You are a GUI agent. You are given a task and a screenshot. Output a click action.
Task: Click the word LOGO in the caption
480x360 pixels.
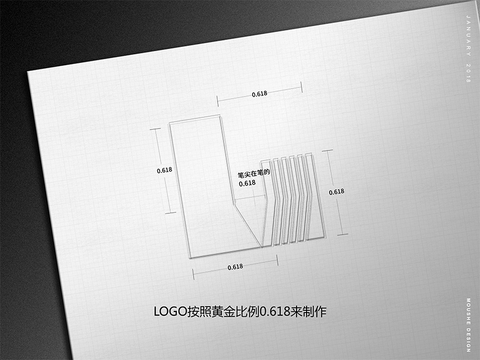click(x=170, y=311)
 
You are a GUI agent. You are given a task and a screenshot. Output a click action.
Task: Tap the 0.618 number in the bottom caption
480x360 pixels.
click(x=275, y=311)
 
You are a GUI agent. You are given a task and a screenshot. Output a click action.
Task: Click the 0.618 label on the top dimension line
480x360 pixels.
click(x=260, y=94)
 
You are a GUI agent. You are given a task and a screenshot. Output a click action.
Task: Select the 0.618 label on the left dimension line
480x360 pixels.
click(x=164, y=170)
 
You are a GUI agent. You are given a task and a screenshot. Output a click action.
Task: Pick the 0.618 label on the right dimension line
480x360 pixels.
click(x=337, y=192)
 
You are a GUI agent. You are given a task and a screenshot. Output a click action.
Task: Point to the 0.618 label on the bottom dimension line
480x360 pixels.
click(x=235, y=267)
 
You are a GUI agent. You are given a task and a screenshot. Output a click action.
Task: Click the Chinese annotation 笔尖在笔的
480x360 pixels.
click(x=254, y=173)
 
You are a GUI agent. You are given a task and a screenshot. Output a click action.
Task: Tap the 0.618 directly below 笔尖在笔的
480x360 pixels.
click(x=247, y=183)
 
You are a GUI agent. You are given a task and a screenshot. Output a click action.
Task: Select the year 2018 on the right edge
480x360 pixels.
click(x=468, y=73)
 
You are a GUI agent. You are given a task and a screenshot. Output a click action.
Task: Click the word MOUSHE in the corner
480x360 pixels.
click(x=468, y=311)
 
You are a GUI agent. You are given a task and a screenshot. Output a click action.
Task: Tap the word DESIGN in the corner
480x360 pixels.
click(x=468, y=340)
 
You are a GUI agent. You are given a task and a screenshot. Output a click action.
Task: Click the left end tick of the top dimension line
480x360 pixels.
click(x=218, y=101)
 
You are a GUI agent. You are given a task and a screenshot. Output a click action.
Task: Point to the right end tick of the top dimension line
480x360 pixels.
click(x=301, y=87)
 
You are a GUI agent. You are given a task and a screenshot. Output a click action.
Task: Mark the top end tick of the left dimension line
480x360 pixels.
click(x=155, y=129)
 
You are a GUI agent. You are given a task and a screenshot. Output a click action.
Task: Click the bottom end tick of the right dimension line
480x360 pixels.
click(x=342, y=235)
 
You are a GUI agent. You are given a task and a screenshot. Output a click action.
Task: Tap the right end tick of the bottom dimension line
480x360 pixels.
click(x=277, y=260)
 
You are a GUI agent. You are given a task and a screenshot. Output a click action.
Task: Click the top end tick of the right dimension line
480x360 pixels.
click(x=327, y=150)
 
